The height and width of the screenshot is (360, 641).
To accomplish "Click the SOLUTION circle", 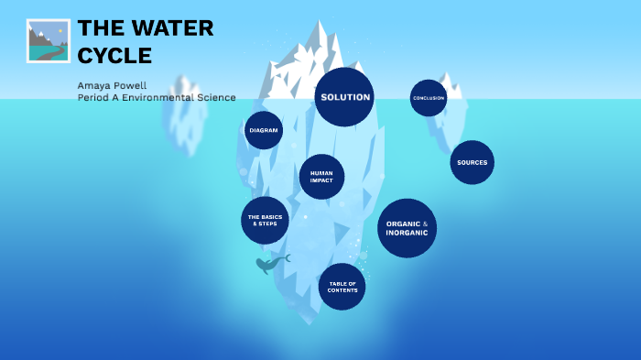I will point(344,97).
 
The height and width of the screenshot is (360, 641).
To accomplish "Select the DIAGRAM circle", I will point(264,130).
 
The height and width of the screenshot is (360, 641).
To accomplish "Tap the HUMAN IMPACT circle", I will point(321,177).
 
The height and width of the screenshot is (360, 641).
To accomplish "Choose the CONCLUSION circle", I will point(429,98).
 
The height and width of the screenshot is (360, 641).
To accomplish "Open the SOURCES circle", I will point(472,162).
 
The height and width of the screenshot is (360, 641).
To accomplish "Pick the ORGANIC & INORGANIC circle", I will point(407,228).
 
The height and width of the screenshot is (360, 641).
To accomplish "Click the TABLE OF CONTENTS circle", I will point(342,287).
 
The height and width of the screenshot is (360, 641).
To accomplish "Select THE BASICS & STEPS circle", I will point(265,220).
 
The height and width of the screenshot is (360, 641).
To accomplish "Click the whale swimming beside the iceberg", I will point(270,265).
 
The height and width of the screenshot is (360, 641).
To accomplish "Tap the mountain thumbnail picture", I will point(49,40).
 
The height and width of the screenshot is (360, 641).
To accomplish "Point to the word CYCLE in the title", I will point(114,55).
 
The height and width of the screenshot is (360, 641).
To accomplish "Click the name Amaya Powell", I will point(112,84).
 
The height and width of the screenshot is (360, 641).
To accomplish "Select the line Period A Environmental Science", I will point(157,97).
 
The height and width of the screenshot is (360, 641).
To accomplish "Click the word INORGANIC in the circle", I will point(407,233).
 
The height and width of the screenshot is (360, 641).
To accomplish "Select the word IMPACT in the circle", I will point(321,180).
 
